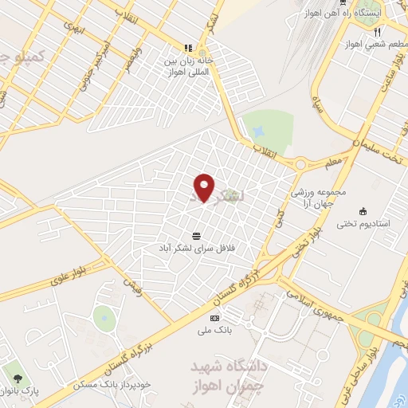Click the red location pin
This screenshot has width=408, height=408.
[205, 187]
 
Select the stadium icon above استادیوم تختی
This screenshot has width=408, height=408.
[363, 210]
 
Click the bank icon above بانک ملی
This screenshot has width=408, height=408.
[214, 318]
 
